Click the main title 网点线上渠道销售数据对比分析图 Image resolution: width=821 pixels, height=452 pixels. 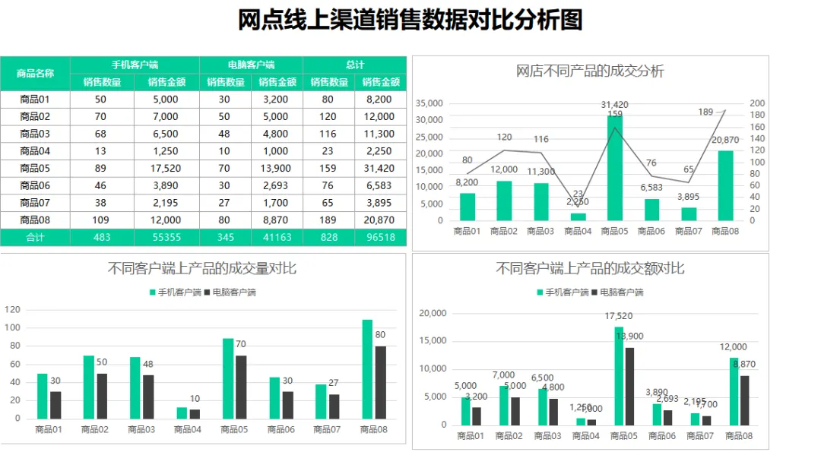click(x=410, y=21)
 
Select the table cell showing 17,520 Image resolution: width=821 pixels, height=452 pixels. click(x=166, y=168)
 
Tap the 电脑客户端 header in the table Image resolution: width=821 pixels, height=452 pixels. click(x=251, y=65)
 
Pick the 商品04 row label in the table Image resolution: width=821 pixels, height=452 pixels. click(x=35, y=151)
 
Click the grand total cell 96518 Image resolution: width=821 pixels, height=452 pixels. click(x=380, y=237)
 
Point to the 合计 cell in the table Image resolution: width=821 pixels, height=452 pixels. click(x=35, y=237)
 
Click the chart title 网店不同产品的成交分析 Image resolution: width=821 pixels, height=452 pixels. click(x=590, y=71)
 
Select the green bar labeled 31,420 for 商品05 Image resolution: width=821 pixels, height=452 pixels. click(x=615, y=167)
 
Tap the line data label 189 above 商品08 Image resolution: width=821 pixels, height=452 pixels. click(x=705, y=112)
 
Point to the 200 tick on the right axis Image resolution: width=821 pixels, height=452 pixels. click(x=757, y=103)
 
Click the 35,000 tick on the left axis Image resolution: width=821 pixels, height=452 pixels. click(x=430, y=103)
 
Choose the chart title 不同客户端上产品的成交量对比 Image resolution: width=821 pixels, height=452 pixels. click(x=202, y=268)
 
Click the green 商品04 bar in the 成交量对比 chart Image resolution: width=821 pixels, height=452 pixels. click(x=182, y=412)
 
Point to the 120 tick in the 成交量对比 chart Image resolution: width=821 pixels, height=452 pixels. click(x=12, y=309)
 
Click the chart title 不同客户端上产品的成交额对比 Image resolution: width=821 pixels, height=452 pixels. click(x=590, y=268)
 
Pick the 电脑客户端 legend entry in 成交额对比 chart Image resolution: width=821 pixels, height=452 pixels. click(x=617, y=292)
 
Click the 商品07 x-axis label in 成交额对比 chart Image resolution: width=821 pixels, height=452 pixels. click(x=700, y=436)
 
